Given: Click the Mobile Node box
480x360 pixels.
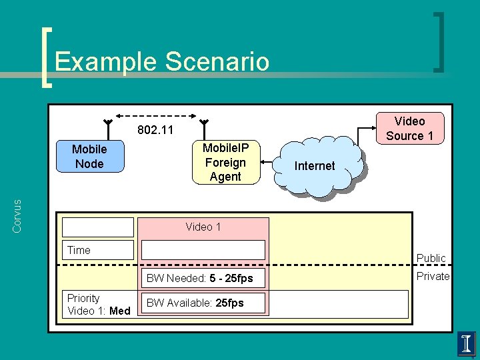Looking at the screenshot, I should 89,157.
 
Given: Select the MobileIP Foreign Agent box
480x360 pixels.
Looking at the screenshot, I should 225,162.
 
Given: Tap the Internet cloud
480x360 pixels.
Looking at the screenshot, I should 315,166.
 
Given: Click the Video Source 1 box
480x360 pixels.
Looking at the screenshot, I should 409,129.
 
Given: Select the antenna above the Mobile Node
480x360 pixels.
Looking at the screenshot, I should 107,125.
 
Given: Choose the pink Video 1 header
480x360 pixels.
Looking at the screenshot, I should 203,227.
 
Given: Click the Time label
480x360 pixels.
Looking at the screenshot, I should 79,251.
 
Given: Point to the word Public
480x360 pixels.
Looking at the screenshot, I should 431,258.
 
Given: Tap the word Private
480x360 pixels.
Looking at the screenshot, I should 433,276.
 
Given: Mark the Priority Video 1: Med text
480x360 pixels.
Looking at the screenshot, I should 98,304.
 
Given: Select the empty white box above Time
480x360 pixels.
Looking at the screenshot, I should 98,227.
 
